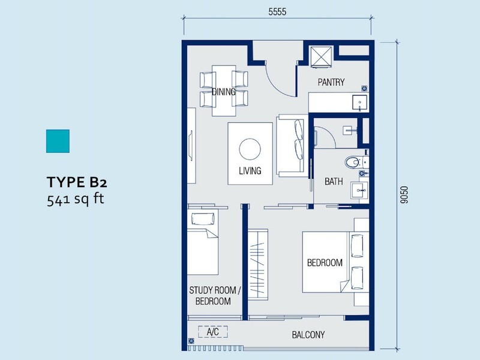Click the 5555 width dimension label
[277, 11]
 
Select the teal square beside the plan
[58, 141]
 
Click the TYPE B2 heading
[77, 182]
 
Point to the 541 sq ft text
[76, 199]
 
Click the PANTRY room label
[331, 82]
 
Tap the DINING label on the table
[224, 92]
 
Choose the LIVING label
[250, 170]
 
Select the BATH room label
[334, 182]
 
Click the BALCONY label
[308, 335]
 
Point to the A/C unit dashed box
[213, 332]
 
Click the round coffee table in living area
[250, 149]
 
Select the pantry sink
[360, 103]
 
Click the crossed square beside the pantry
[321, 56]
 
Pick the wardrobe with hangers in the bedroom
[258, 264]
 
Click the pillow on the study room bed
[203, 219]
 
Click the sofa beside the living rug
[292, 146]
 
